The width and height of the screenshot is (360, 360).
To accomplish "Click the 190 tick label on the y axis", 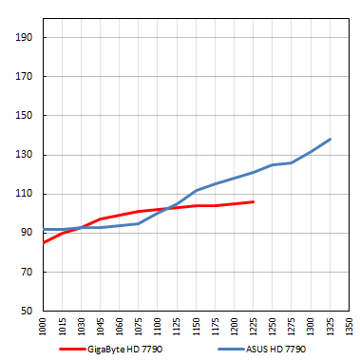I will tap(25, 38).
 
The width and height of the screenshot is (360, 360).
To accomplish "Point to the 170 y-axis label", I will tap(25, 77).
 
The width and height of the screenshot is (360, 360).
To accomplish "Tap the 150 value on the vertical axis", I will tap(25, 116).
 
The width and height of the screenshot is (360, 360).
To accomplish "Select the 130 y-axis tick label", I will tap(25, 155).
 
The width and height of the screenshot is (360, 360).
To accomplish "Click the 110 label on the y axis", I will tap(25, 194).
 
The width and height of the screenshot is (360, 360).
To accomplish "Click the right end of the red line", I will tap(254, 201).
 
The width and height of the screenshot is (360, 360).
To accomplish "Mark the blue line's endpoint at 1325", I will tap(331, 139).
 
